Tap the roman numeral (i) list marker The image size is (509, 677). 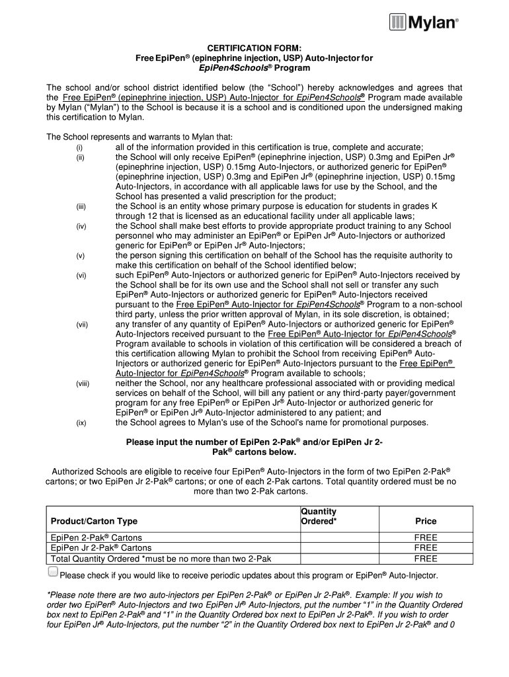[x=79, y=147]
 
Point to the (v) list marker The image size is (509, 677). [x=79, y=255]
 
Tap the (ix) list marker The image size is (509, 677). [x=80, y=423]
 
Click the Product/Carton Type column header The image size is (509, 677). [x=95, y=521]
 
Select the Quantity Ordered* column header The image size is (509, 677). [x=319, y=516]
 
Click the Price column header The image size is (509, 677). [x=426, y=521]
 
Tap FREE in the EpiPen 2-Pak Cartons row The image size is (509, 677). [x=426, y=538]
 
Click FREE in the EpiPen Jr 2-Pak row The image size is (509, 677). [x=426, y=548]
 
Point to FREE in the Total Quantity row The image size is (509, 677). [x=426, y=559]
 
